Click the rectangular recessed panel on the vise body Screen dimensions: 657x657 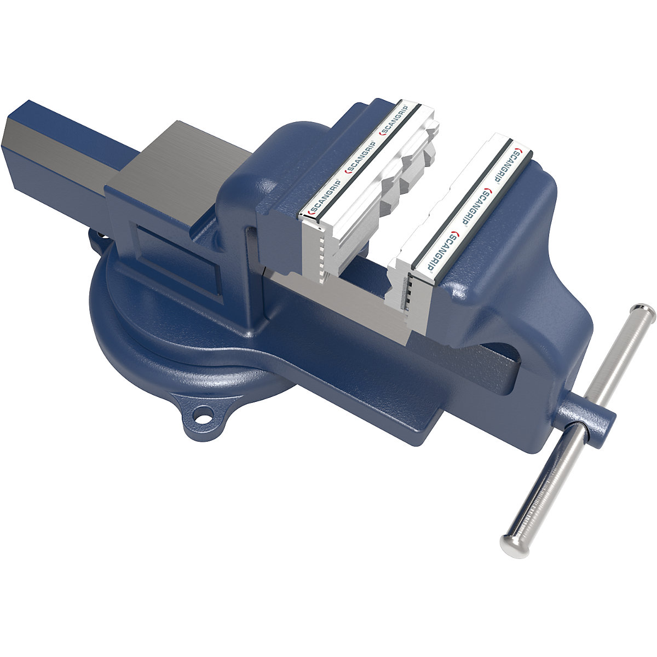click(x=175, y=263)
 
